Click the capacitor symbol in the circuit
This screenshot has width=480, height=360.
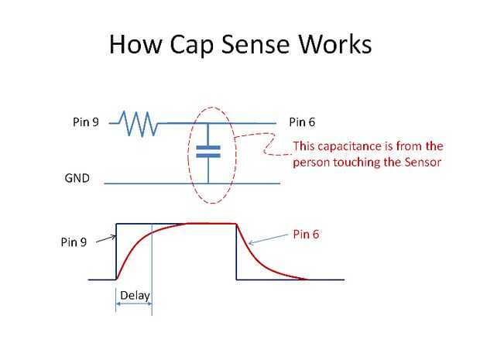pyautogui.click(x=207, y=150)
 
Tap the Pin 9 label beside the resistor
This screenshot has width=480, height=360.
pyautogui.click(x=85, y=122)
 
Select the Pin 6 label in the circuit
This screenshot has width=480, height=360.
pyautogui.click(x=302, y=122)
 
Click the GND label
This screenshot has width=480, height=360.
pyautogui.click(x=77, y=177)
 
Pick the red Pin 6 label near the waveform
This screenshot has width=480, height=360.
pyautogui.click(x=307, y=232)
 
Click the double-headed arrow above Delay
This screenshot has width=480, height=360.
pyautogui.click(x=133, y=306)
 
